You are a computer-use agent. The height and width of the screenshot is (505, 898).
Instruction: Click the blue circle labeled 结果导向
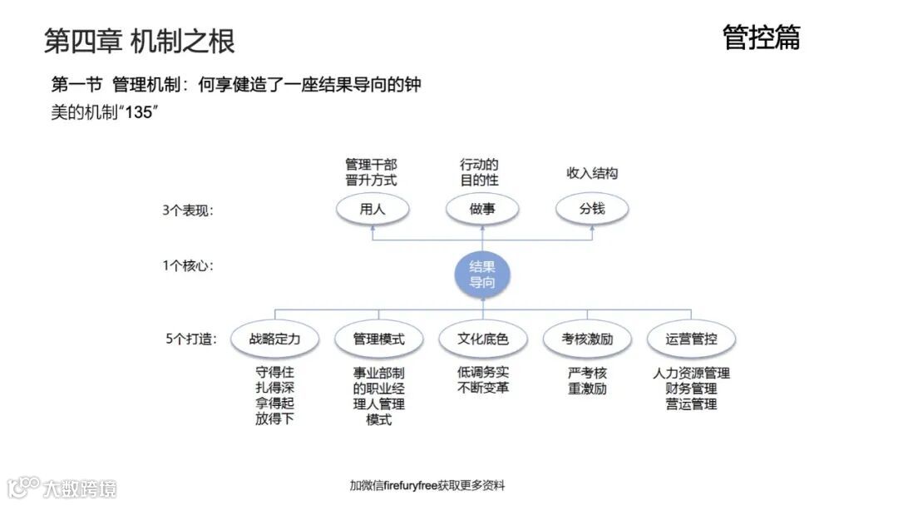click(x=482, y=275)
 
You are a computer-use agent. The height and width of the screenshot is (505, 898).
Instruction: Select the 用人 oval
click(x=372, y=209)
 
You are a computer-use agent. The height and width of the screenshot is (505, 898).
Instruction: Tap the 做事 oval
click(x=481, y=209)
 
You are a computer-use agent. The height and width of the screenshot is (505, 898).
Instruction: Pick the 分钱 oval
click(x=592, y=209)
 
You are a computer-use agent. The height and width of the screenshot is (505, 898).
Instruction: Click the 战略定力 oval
click(x=274, y=339)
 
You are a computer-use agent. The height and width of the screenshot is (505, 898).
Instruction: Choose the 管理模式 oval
click(x=378, y=339)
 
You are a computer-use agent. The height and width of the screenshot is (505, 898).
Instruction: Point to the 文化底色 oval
click(x=482, y=339)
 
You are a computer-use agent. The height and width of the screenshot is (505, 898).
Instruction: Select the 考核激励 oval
click(x=587, y=339)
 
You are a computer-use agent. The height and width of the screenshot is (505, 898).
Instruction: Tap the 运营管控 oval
click(x=691, y=339)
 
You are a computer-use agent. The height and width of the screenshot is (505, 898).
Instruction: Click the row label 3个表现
click(x=188, y=210)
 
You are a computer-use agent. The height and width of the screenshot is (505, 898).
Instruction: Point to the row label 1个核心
click(x=188, y=266)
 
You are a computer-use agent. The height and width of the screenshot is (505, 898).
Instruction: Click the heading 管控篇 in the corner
click(x=761, y=37)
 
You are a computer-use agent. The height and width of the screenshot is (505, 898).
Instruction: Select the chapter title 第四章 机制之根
click(x=139, y=40)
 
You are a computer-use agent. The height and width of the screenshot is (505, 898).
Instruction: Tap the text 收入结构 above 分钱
click(x=592, y=173)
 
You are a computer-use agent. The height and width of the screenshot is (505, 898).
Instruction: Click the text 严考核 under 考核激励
click(x=587, y=373)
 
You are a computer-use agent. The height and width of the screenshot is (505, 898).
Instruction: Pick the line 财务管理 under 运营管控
click(x=691, y=389)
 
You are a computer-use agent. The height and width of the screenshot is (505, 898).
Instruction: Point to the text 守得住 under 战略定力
click(x=274, y=373)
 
